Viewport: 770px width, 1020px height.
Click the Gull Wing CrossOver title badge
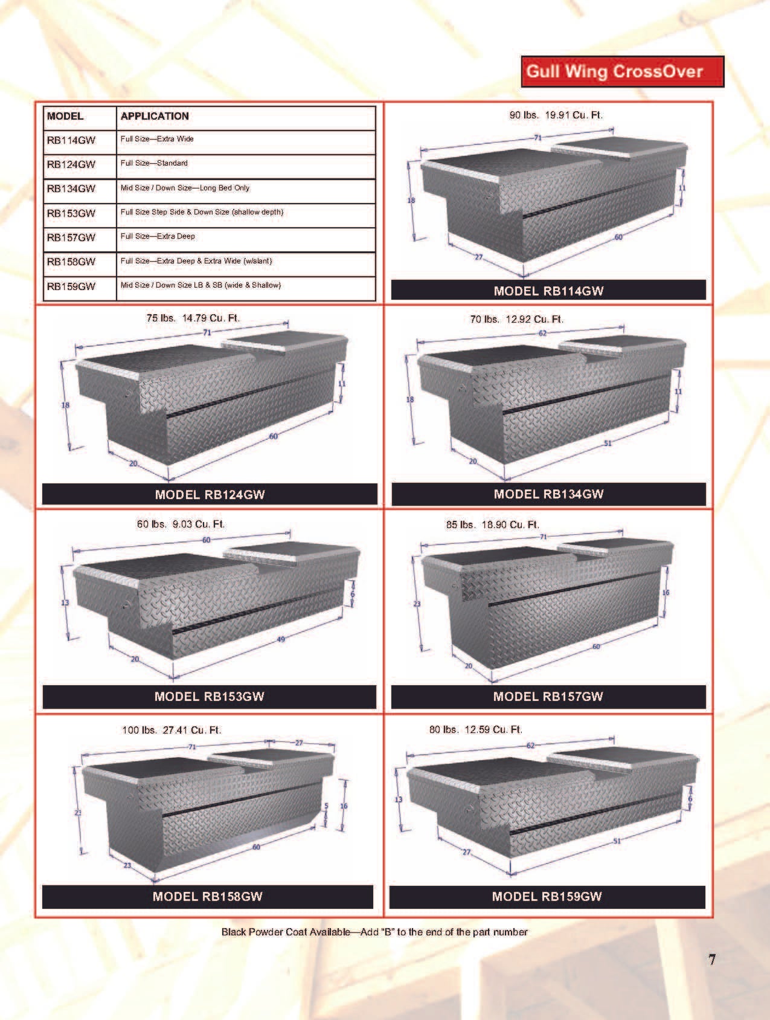622,71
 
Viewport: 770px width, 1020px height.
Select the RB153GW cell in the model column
71,213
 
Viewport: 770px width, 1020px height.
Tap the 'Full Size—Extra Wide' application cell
157,139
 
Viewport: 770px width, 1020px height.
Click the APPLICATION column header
155,116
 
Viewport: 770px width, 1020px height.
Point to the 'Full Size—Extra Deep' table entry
158,236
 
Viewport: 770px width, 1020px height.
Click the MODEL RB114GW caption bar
548,291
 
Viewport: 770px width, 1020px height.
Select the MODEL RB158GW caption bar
207,897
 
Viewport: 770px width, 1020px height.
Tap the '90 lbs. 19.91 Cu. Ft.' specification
556,115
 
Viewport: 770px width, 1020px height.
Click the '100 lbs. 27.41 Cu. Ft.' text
172,730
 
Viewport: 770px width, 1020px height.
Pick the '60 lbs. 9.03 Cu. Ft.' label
181,524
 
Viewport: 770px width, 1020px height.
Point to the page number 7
712,960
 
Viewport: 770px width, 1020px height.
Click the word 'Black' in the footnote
234,932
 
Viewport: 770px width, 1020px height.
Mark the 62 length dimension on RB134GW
542,333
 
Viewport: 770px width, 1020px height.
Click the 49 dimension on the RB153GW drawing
281,639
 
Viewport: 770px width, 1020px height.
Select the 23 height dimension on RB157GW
417,604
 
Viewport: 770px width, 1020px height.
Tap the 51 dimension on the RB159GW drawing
617,841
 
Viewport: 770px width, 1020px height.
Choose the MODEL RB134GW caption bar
548,494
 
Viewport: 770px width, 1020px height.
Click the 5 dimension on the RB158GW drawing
326,806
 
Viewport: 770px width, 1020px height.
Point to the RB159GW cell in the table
71,286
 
